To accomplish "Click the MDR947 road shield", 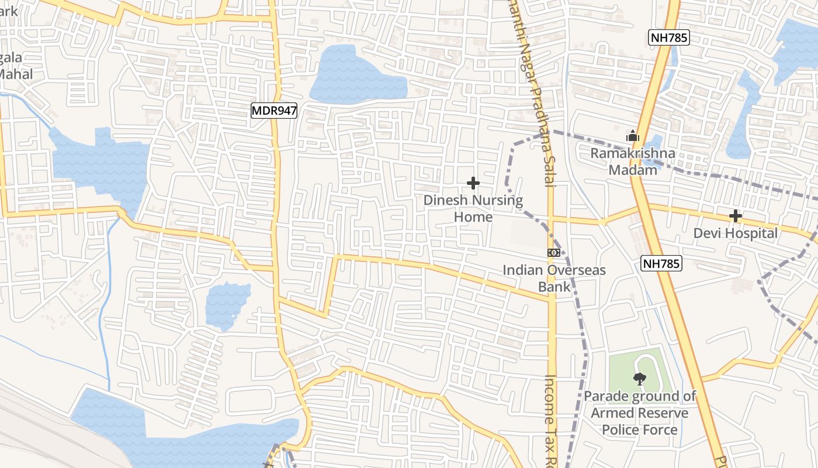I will [274, 110].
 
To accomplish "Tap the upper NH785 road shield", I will [669, 38].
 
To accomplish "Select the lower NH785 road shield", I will [661, 263].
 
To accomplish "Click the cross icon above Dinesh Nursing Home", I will [473, 184].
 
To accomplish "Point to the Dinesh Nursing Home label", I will [473, 208].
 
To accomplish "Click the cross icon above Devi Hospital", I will [735, 216].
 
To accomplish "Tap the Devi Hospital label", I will [735, 233].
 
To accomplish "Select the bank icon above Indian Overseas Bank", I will [554, 253].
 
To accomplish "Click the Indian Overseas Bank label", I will [554, 278].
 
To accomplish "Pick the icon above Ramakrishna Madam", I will [633, 137].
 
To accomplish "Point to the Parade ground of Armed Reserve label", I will [640, 413].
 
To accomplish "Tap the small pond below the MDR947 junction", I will [227, 304].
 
